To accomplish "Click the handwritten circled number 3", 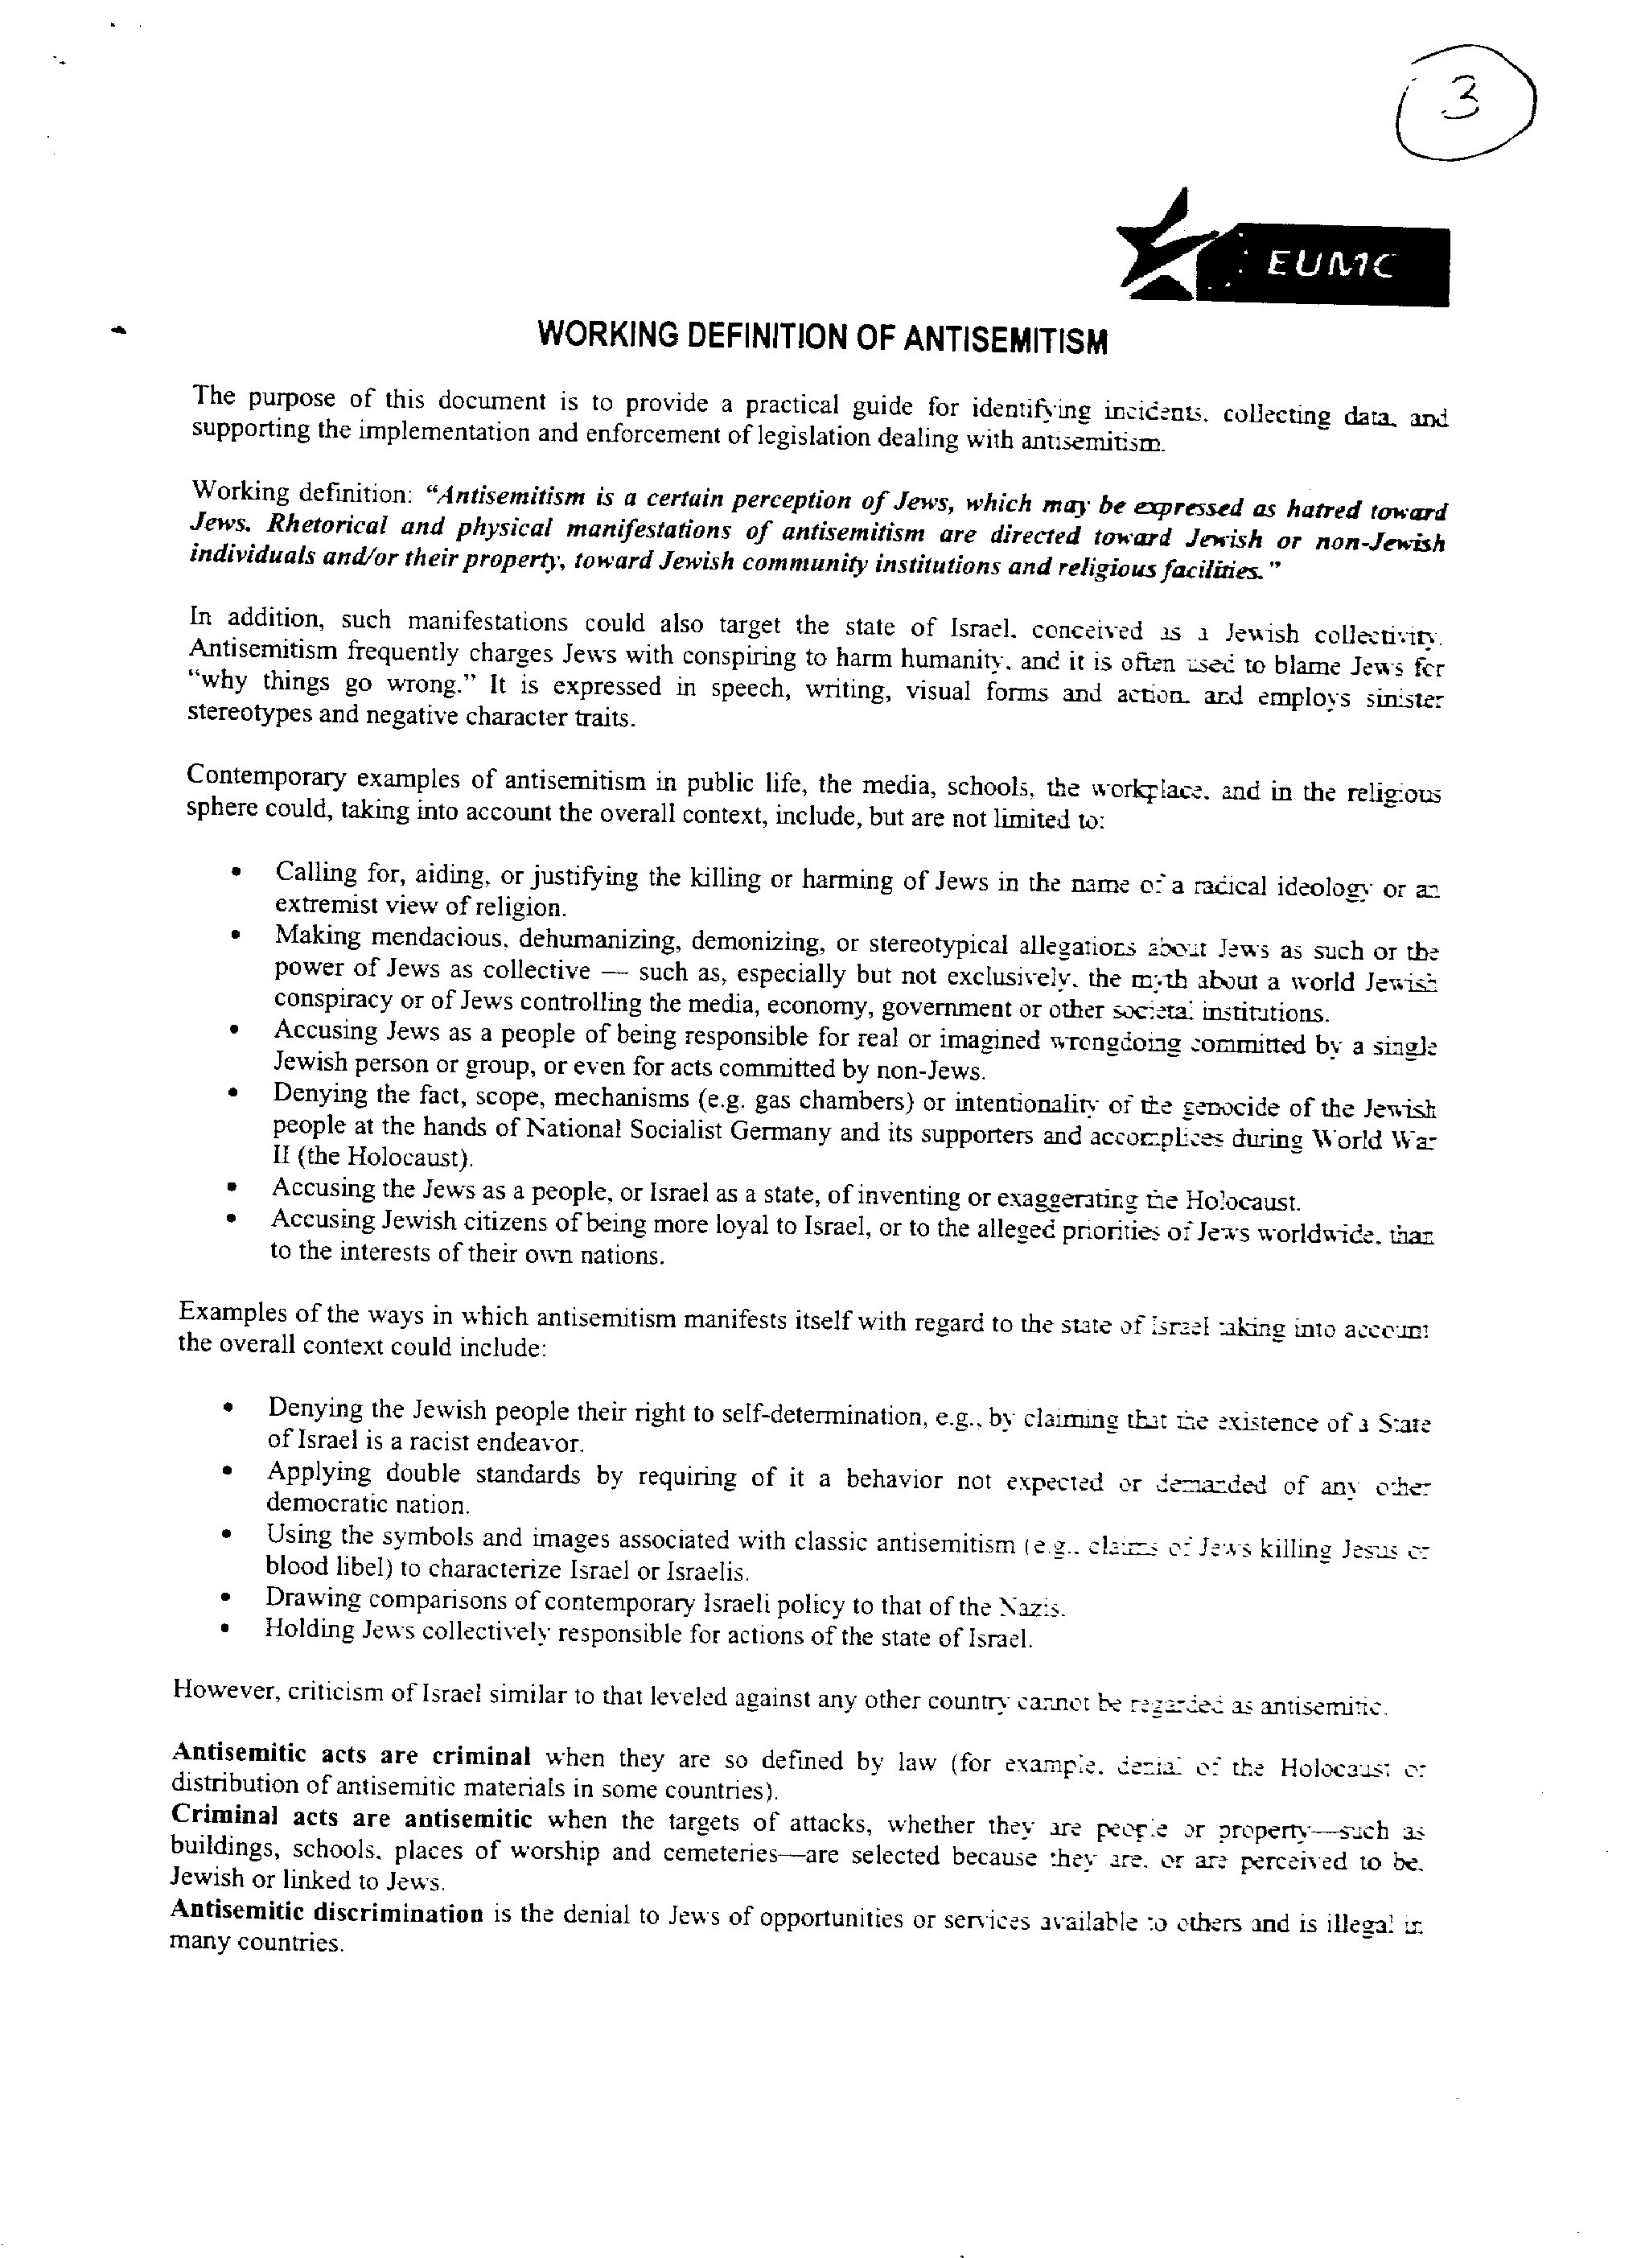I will [x=1465, y=102].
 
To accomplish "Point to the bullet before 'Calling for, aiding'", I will [x=236, y=873].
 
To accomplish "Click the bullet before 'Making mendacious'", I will [x=236, y=936].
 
